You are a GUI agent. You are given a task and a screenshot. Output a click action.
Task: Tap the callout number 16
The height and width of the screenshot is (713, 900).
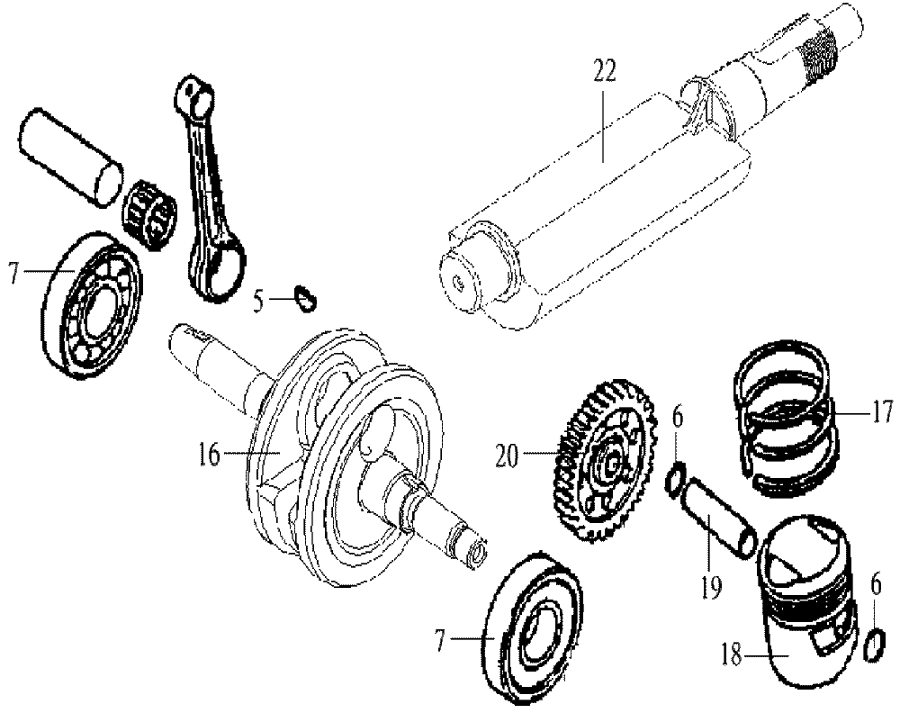(209, 455)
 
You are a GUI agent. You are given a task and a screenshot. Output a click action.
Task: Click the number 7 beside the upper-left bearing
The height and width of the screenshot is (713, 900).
(13, 270)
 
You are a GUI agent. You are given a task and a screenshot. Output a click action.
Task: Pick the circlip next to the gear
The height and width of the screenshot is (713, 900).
(677, 481)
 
